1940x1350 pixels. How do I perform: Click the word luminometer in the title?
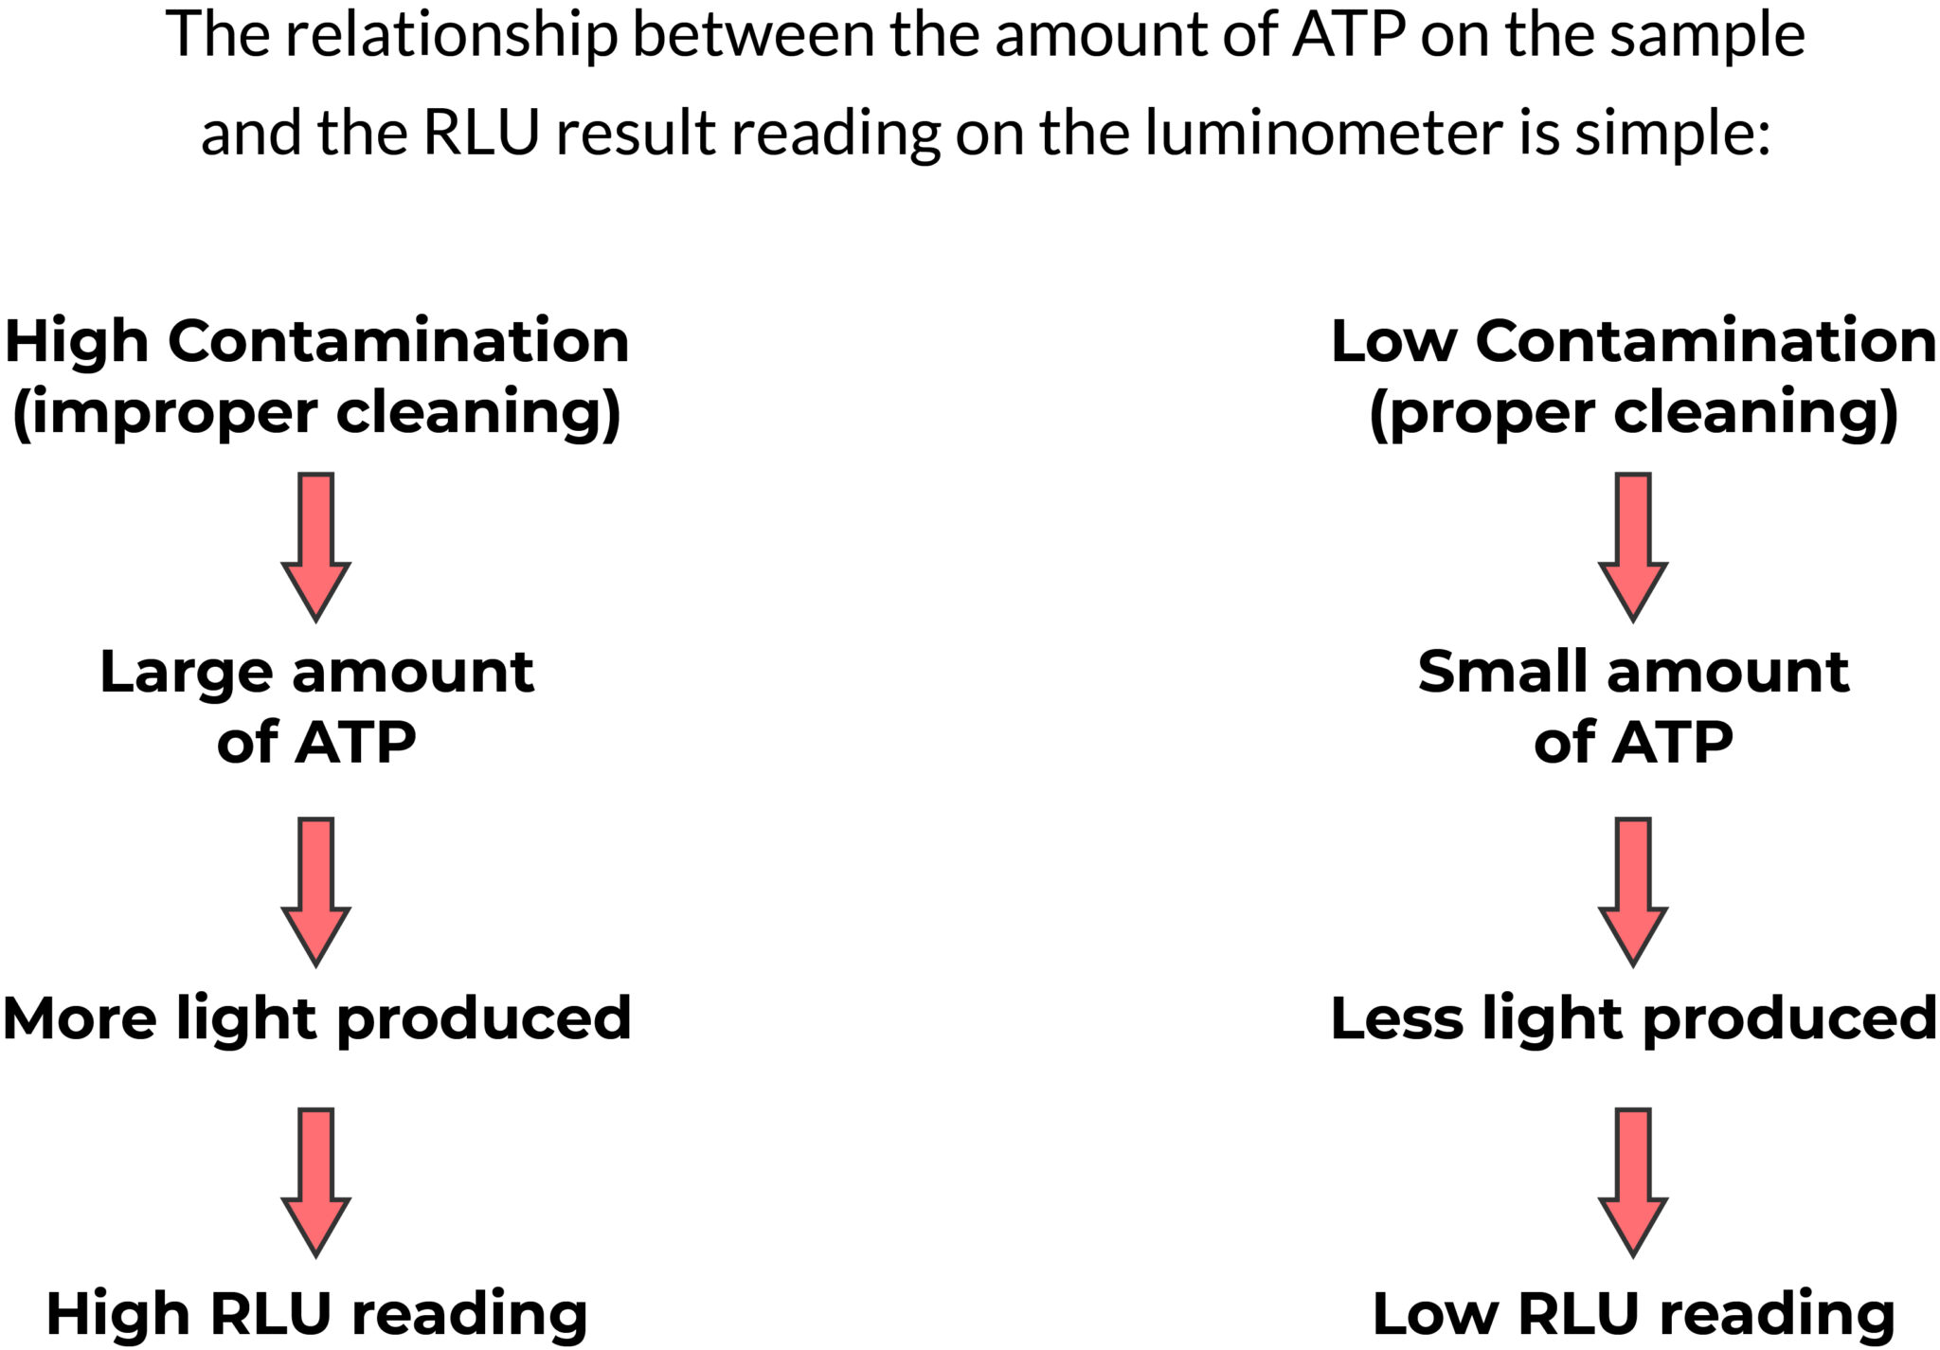click(x=1323, y=132)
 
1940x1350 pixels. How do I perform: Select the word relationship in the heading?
click(x=451, y=36)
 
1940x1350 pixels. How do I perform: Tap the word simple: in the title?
click(x=1672, y=132)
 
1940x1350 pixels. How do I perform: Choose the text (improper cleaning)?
click(x=315, y=413)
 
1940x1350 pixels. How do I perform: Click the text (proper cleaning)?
click(x=1633, y=413)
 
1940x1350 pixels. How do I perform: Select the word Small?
click(x=1504, y=673)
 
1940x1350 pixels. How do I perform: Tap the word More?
click(x=80, y=1019)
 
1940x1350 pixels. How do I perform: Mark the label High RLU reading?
click(x=316, y=1314)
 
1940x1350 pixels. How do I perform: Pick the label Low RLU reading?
click(x=1633, y=1314)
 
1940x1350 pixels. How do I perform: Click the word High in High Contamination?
click(x=77, y=343)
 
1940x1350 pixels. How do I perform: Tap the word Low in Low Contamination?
click(x=1393, y=341)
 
